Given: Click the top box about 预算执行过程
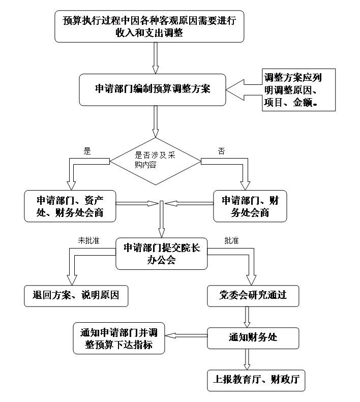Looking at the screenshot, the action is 149,26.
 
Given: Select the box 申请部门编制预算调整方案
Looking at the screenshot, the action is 153,90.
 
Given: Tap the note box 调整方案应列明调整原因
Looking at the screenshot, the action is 298,90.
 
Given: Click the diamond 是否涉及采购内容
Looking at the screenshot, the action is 155,161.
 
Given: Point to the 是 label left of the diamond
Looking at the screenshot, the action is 87,151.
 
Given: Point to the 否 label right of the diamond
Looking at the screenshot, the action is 221,151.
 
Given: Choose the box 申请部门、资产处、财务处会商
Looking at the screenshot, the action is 70,206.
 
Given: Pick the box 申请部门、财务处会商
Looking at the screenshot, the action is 250,206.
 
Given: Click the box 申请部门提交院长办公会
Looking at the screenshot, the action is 161,254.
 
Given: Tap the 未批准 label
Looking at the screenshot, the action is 88,240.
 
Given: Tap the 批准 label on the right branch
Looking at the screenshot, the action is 231,240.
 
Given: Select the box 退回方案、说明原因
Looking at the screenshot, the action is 76,296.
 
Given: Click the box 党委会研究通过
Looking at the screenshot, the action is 253,296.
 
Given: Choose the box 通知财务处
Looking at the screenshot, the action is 253,338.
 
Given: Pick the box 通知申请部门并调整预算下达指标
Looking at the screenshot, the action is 119,338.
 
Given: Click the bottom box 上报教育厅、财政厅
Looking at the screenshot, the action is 256,381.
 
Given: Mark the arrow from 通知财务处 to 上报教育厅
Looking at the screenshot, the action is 247,359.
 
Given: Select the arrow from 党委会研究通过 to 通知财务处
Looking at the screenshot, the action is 247,317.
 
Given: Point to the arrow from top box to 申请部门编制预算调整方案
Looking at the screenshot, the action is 155,58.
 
